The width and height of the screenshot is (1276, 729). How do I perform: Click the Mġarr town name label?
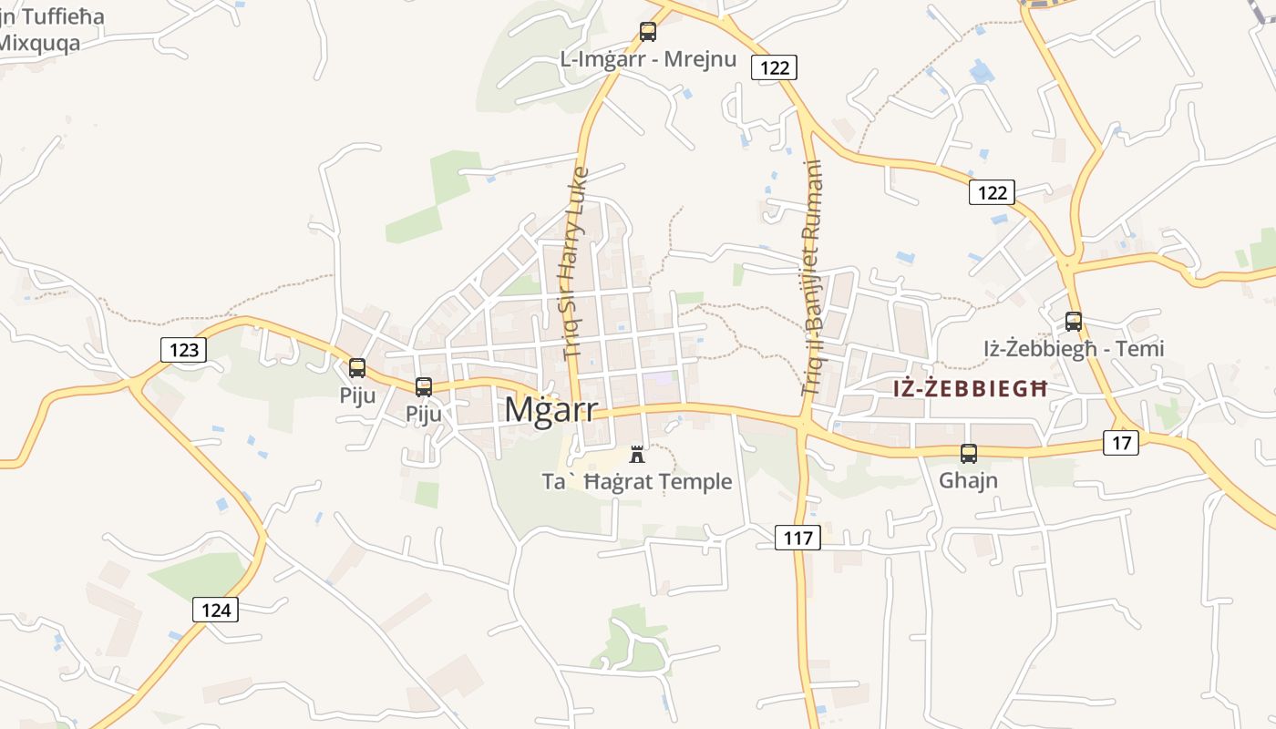pyautogui.click(x=551, y=409)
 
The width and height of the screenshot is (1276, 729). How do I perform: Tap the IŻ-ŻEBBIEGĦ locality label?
pyautogui.click(x=970, y=388)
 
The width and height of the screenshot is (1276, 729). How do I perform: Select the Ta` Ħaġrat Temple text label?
pyautogui.click(x=637, y=481)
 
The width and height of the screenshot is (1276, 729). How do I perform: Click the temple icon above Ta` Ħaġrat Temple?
pyautogui.click(x=637, y=454)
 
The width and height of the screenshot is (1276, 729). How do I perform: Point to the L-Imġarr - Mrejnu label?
pyautogui.click(x=648, y=59)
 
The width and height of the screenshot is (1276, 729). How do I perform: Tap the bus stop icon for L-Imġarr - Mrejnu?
pyautogui.click(x=648, y=31)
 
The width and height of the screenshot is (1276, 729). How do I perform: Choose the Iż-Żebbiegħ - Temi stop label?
pyautogui.click(x=1074, y=348)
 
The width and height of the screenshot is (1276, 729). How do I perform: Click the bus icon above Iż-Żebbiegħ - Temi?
pyautogui.click(x=1074, y=321)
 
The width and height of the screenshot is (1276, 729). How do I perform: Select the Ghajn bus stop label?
pyautogui.click(x=968, y=479)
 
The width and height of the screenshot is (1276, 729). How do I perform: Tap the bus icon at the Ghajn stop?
pyautogui.click(x=969, y=453)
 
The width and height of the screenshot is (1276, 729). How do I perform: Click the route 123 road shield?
pyautogui.click(x=183, y=349)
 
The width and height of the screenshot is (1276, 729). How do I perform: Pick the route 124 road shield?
pyautogui.click(x=215, y=610)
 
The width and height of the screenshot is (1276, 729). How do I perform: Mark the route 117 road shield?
pyautogui.click(x=797, y=538)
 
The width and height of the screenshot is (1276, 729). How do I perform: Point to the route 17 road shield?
pyautogui.click(x=1121, y=443)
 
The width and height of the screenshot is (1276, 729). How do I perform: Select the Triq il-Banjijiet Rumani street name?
pyautogui.click(x=812, y=278)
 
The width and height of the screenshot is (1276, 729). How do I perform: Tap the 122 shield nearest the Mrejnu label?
pyautogui.click(x=774, y=67)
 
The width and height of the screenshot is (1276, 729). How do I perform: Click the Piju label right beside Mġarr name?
pyautogui.click(x=424, y=414)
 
